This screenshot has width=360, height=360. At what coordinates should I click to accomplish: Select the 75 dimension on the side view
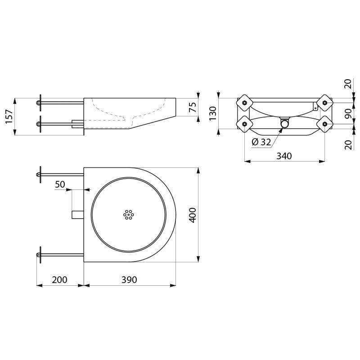tap(192, 107)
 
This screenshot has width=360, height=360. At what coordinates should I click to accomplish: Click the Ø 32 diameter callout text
tap(261, 142)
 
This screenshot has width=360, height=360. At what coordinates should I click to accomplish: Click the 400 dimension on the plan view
tap(192, 215)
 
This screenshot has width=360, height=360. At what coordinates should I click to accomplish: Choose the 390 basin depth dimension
tap(129, 279)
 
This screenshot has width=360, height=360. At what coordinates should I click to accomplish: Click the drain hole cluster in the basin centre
tap(129, 215)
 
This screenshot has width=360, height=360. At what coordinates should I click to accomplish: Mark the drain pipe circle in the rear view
tap(284, 123)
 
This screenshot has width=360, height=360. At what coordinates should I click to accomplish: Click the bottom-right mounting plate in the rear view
tap(324, 123)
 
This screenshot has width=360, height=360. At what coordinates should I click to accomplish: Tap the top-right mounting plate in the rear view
tap(324, 103)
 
